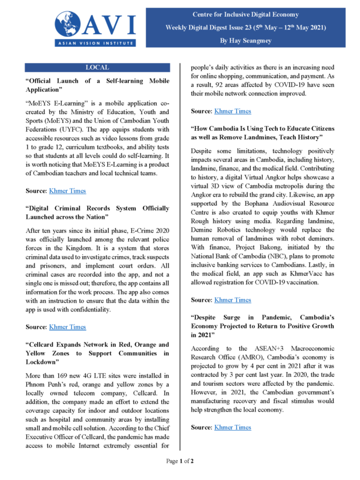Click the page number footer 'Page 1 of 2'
(x=180, y=461)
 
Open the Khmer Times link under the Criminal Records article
(x=68, y=327)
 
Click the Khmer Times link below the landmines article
(x=233, y=299)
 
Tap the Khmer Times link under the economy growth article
(x=233, y=427)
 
